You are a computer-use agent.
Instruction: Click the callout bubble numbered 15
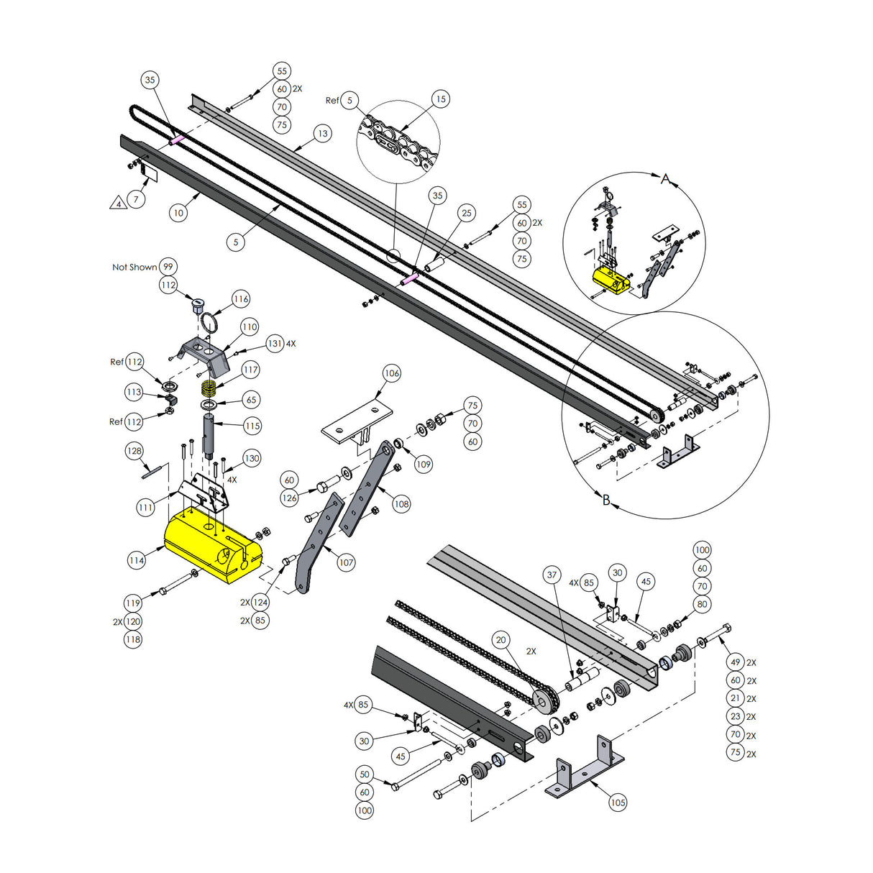441,99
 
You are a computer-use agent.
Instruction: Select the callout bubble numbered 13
322,134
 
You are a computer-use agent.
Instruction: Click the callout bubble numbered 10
178,212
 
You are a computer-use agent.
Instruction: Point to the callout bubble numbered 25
467,213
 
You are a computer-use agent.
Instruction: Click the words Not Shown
134,267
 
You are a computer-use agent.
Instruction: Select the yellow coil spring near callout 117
209,390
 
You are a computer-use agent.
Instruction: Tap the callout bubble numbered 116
241,299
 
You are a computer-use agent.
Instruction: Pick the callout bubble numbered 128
134,451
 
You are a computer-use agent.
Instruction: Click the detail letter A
666,179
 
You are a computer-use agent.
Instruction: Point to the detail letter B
606,500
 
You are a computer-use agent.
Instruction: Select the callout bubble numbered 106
391,373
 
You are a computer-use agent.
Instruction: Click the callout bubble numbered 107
346,562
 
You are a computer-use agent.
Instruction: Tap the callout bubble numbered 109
424,465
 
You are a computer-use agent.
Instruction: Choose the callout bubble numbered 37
552,575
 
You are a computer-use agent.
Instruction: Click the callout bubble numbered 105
618,803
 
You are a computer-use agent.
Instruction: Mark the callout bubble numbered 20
501,640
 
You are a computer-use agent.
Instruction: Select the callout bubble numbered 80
703,604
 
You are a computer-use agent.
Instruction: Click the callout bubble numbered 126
289,498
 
